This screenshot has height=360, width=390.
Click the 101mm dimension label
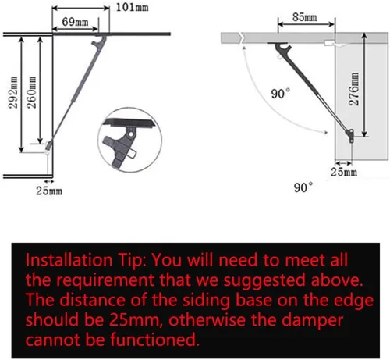click(132, 7)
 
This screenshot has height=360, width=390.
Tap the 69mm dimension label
click(75, 22)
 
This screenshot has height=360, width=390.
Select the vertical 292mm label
click(12, 92)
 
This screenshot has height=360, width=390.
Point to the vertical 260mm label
click(31, 92)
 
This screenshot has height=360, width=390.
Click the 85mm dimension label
click(304, 17)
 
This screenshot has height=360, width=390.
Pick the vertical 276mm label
click(353, 89)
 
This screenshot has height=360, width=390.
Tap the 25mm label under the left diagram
click(49, 191)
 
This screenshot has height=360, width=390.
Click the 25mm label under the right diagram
click(344, 172)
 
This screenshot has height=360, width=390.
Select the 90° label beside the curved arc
click(280, 94)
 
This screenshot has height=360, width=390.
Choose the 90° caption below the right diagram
click(303, 187)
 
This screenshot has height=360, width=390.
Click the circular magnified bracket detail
click(130, 140)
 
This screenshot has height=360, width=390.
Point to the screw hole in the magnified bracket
click(131, 134)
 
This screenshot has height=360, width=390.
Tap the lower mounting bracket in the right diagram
click(351, 135)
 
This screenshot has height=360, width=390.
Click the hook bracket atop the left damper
click(100, 41)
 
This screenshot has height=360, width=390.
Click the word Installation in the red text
click(69, 260)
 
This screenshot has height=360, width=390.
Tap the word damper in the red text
click(312, 320)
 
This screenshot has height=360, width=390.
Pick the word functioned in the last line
click(154, 340)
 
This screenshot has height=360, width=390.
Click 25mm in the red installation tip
click(134, 320)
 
